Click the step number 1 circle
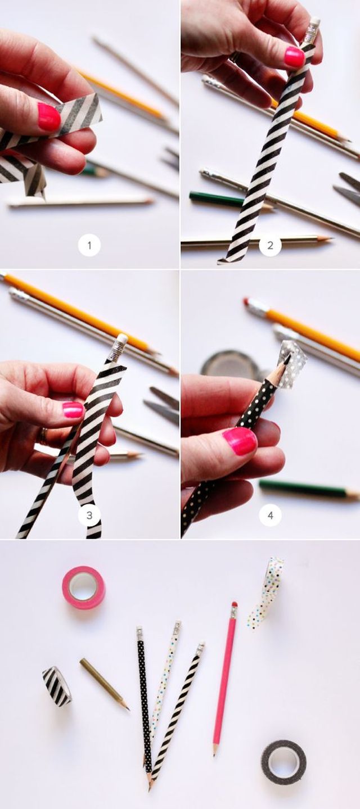[x=89, y=246]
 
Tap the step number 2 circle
[x=270, y=246]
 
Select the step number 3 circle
[x=89, y=516]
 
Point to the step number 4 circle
[x=271, y=516]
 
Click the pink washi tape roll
[x=83, y=587]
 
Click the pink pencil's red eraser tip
[x=234, y=604]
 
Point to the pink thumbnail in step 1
[x=49, y=116]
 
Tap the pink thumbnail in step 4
[x=240, y=441]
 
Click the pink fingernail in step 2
[x=295, y=57]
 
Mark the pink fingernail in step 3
[x=73, y=410]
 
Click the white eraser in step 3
[x=122, y=339]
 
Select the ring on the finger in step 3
[x=43, y=436]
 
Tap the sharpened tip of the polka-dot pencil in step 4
[x=287, y=359]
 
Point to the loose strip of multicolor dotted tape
[x=265, y=593]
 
